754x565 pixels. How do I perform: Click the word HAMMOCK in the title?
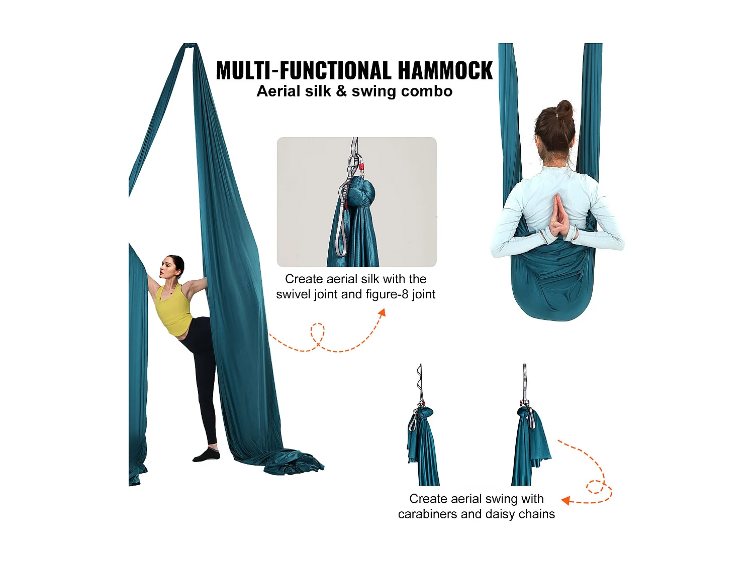pos(445,71)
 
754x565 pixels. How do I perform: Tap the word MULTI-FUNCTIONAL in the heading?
pos(304,71)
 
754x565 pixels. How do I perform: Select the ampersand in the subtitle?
pos(341,92)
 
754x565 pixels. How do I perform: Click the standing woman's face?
pos(167,267)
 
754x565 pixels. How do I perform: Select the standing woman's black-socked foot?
pos(207,455)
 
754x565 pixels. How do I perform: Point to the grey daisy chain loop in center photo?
pos(342,226)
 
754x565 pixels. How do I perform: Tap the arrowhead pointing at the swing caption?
pos(565,500)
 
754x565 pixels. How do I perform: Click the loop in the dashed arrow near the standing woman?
pos(317,333)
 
